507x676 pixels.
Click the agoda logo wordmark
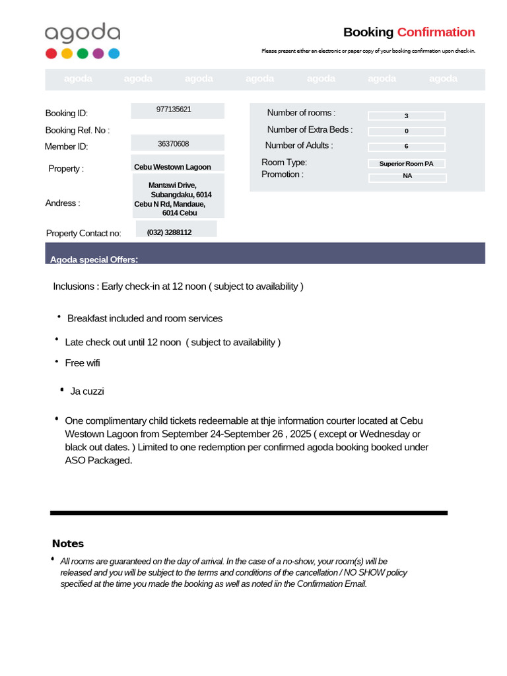point(83,33)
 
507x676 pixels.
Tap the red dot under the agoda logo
point(51,54)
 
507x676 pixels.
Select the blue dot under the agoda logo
point(114,54)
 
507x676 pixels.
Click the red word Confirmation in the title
point(436,32)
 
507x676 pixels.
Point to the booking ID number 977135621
point(174,110)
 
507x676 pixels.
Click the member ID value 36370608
point(174,144)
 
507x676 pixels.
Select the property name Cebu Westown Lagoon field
point(172,167)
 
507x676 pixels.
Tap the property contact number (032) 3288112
point(169,232)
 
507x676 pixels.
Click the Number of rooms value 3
point(406,116)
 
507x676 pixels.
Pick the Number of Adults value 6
point(406,147)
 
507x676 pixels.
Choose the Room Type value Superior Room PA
point(406,164)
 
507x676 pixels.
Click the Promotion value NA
point(407,176)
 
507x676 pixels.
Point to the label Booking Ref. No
point(77,131)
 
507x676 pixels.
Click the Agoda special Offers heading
point(94,259)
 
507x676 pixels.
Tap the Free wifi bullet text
point(83,363)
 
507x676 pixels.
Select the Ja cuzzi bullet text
point(87,391)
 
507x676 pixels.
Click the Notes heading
point(68,544)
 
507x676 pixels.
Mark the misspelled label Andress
point(62,203)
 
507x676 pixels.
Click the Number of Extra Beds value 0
point(406,131)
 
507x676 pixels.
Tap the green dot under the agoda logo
point(83,54)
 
